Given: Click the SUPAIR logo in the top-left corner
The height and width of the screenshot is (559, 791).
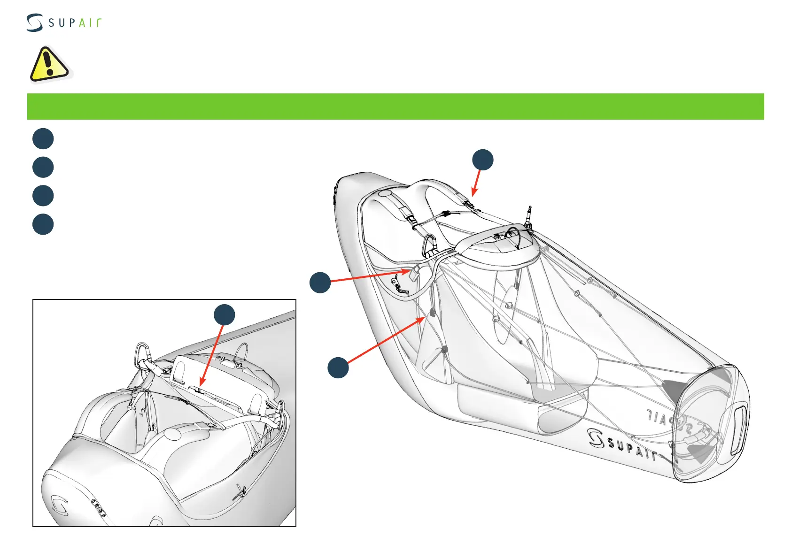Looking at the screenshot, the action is (63, 23).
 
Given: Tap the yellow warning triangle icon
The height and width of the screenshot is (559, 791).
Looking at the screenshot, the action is (48, 64).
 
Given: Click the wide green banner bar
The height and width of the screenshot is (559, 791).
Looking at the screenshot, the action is (395, 107).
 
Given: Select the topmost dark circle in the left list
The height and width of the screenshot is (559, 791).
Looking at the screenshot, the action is (43, 138).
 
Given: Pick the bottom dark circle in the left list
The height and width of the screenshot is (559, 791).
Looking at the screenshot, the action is (43, 224).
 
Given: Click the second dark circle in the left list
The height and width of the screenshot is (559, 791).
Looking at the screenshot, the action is (43, 167).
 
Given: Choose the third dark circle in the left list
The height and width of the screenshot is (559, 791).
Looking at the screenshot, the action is (43, 196).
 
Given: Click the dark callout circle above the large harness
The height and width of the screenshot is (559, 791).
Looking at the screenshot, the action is (483, 160).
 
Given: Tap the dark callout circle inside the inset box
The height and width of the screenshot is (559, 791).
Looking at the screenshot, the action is (225, 314).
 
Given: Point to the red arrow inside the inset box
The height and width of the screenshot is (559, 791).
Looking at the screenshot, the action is (211, 355).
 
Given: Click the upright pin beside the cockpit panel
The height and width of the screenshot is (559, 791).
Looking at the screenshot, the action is (529, 216).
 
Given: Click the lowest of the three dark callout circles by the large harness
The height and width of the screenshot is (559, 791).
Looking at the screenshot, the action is (338, 368).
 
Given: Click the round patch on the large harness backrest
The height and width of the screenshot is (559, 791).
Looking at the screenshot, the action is (385, 193).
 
